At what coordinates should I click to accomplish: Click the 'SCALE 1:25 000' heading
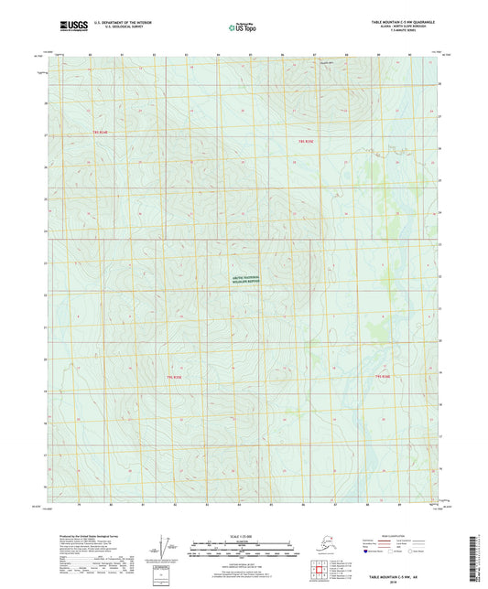pyautogui.click(x=243, y=535)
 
